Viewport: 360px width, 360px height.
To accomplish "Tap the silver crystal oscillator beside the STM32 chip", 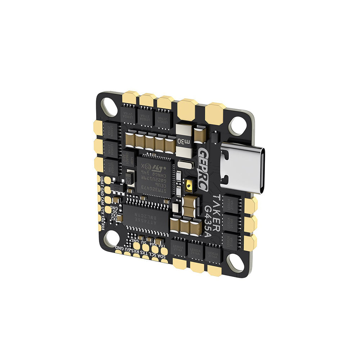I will [x=185, y=166].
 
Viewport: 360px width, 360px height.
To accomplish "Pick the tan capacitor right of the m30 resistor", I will [x=200, y=135].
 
